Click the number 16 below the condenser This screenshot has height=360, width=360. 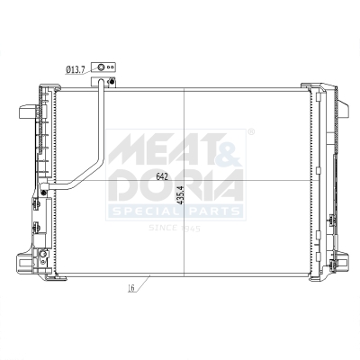point(131,289)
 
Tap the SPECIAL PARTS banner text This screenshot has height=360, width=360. point(175,212)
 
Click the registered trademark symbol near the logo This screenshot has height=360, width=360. point(250,132)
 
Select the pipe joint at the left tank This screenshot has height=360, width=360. point(45,190)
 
